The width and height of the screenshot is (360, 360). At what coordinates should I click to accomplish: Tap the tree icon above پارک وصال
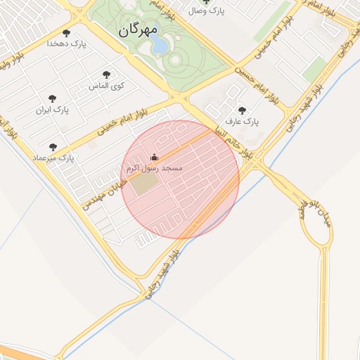click(207, 2)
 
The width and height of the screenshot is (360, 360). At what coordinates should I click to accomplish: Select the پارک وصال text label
click(207, 12)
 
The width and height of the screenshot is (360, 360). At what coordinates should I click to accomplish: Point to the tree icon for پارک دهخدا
click(67, 33)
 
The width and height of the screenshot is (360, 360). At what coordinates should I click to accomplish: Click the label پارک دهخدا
click(66, 44)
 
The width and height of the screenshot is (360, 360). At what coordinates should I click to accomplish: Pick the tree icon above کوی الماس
click(106, 75)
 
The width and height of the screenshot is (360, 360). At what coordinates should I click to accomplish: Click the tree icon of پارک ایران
click(52, 99)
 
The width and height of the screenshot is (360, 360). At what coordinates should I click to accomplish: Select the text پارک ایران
click(53, 110)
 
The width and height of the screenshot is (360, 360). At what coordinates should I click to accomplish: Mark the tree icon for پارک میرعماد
click(53, 147)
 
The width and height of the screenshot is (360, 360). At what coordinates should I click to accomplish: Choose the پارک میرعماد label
click(53, 158)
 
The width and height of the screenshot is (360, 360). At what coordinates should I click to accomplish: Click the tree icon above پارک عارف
click(243, 110)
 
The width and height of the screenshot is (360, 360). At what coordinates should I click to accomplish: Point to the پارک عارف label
click(243, 122)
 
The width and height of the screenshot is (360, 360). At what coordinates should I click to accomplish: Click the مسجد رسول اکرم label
click(154, 169)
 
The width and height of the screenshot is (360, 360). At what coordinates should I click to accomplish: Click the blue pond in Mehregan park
click(159, 46)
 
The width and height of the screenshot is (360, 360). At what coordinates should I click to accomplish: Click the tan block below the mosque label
click(146, 184)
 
